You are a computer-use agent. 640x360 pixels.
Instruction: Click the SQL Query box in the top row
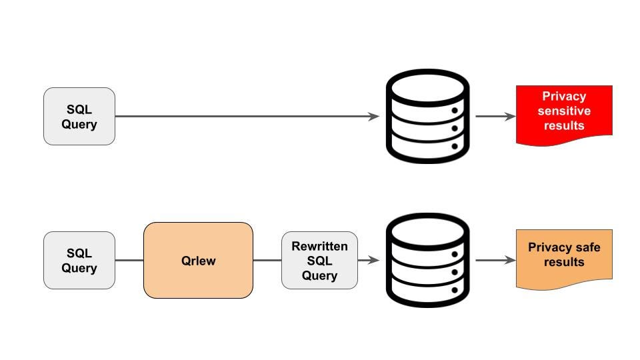[x=79, y=117]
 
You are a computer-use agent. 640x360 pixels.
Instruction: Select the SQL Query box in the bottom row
[x=79, y=260]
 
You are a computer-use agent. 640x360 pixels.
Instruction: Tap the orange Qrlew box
[x=198, y=260]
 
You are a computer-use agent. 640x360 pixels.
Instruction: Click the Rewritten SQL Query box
[x=319, y=261]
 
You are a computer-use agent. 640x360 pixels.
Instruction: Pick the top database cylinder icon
[x=428, y=116]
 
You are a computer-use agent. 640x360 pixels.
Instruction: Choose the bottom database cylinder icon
[x=428, y=260]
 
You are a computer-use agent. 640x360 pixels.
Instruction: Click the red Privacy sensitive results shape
[x=564, y=112]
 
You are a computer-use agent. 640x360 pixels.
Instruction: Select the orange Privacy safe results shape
[x=564, y=257]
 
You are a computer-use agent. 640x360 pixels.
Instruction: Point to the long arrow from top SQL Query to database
[x=247, y=117]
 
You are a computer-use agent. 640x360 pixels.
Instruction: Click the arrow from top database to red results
[x=495, y=117]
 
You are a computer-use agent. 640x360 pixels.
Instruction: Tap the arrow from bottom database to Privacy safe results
[x=495, y=260]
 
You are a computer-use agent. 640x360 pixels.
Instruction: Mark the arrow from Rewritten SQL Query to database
[x=369, y=260]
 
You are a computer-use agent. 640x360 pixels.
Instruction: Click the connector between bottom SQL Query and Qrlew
[x=129, y=260]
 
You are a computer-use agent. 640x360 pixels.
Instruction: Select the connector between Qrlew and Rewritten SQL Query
[x=267, y=260]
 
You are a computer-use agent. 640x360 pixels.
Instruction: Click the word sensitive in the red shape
[x=564, y=111]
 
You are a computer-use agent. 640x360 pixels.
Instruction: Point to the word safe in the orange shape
[x=587, y=247]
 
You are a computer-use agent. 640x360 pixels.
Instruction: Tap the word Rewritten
[x=319, y=247]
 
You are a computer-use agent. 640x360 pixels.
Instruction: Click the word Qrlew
[x=198, y=261]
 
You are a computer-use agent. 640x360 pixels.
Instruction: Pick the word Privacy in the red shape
[x=564, y=96]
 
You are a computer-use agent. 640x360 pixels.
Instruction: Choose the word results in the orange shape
[x=564, y=262]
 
